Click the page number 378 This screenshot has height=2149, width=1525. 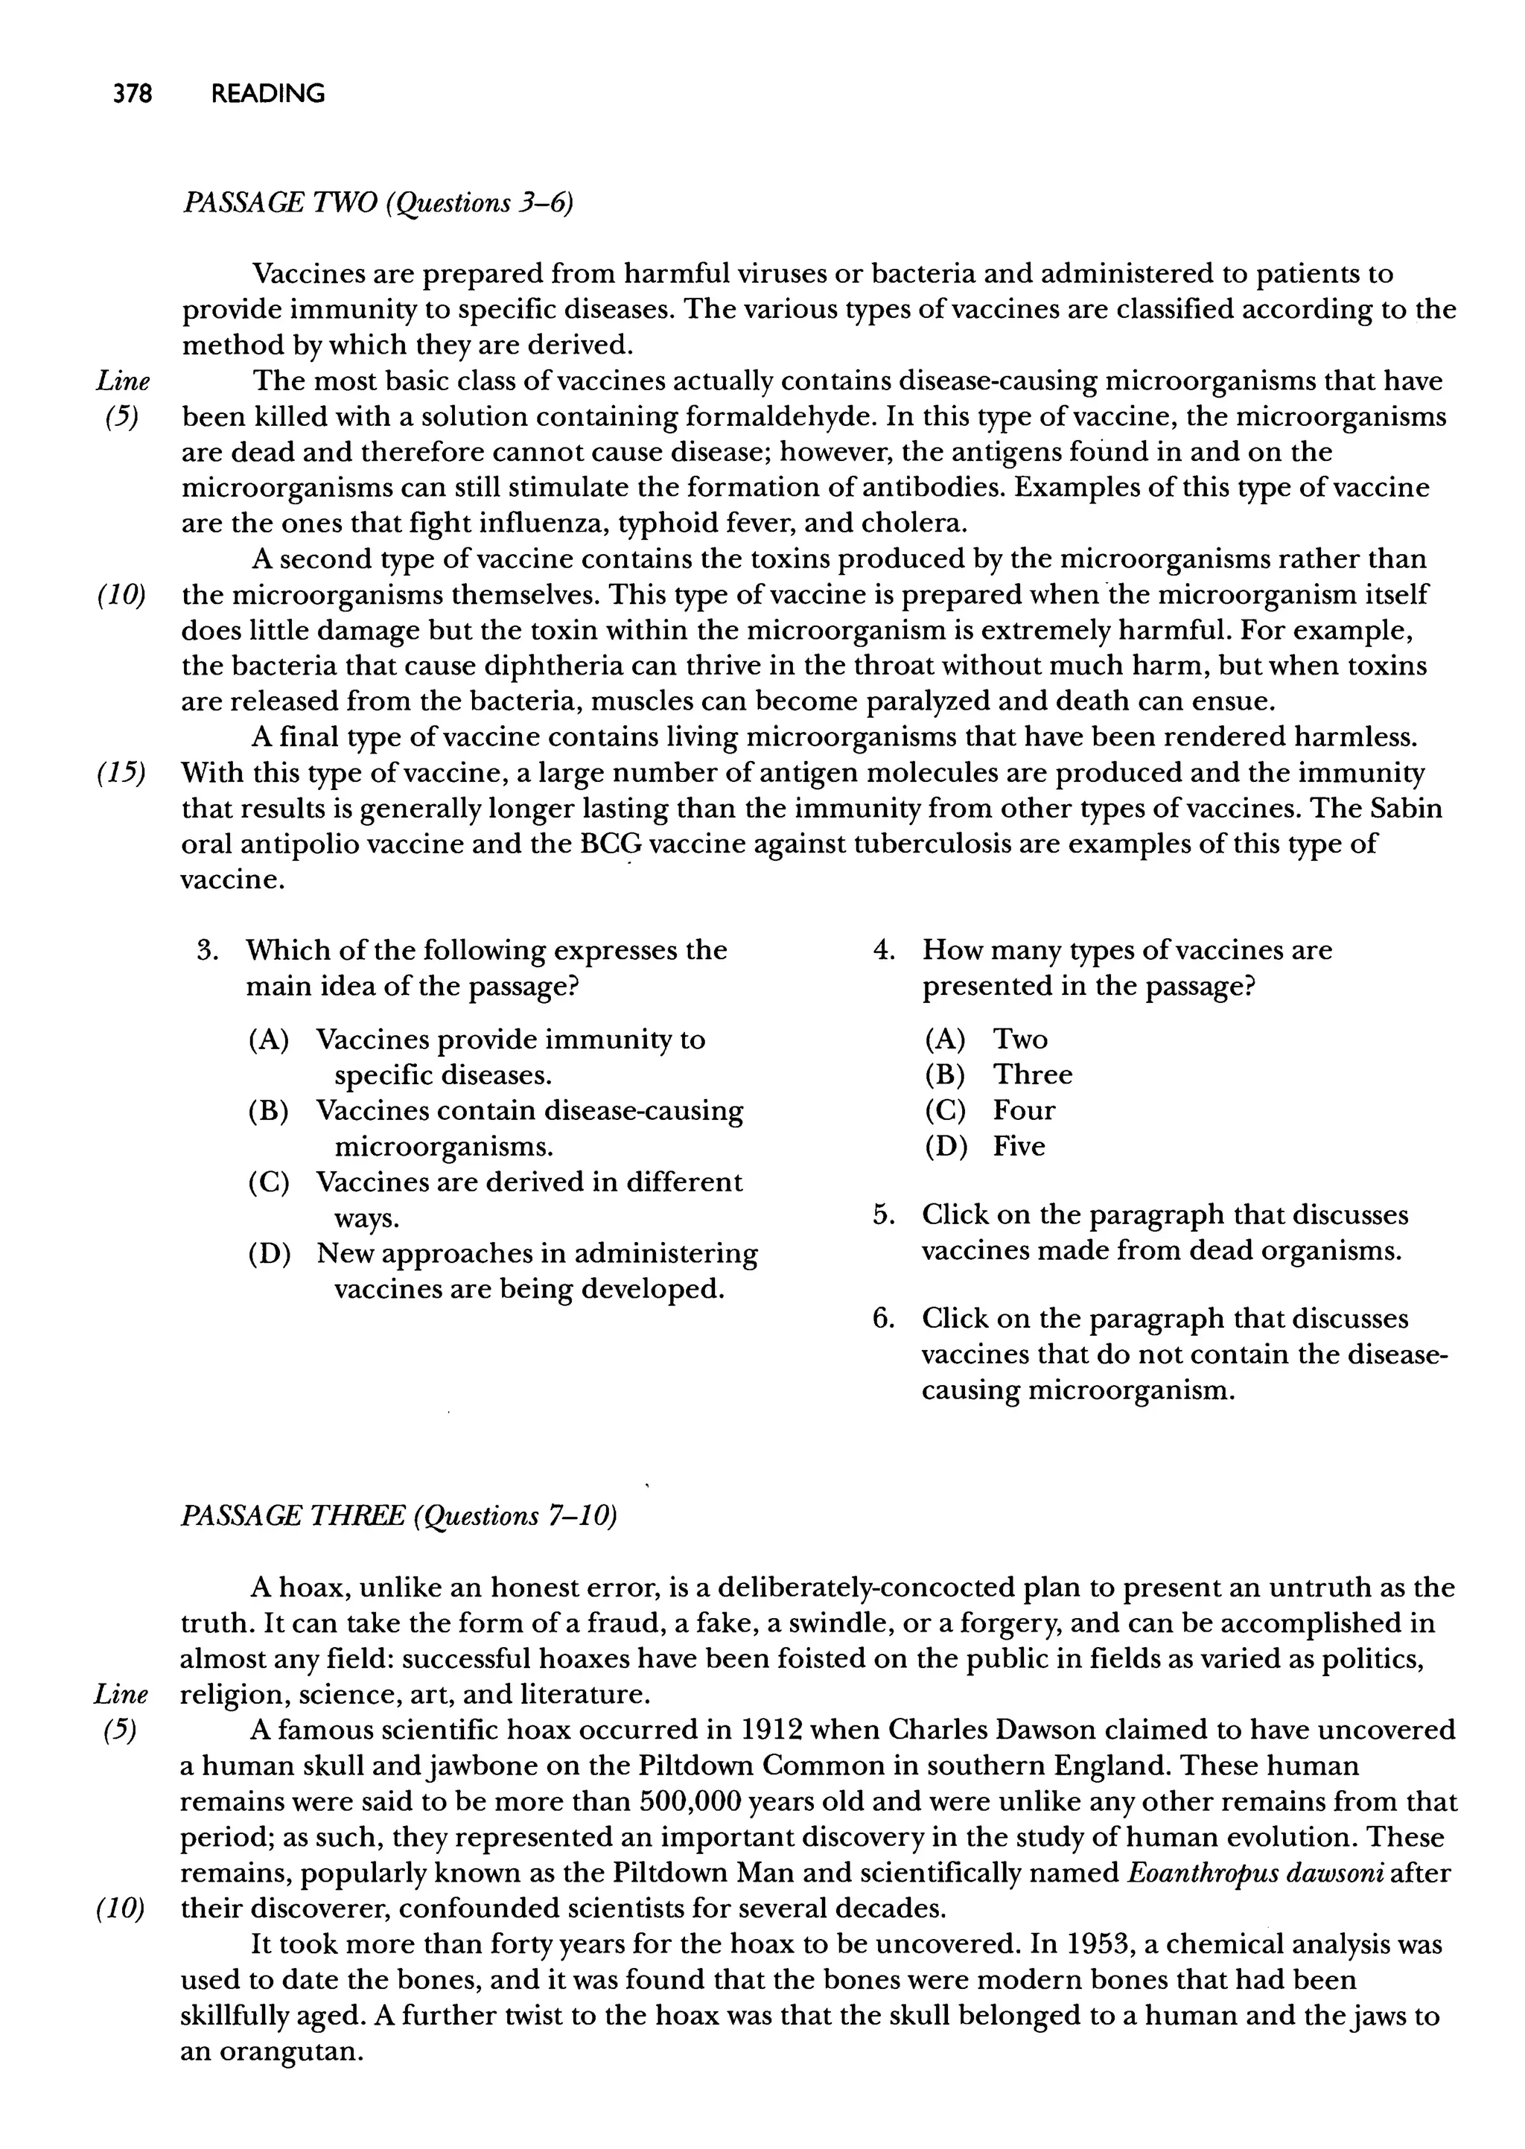click(133, 94)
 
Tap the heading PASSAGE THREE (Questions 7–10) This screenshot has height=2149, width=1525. click(398, 1516)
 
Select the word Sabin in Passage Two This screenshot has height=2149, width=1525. click(1406, 809)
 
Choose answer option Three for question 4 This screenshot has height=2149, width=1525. click(1032, 1075)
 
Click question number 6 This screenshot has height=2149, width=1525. click(882, 1319)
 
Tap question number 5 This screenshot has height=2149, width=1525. click(882, 1216)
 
